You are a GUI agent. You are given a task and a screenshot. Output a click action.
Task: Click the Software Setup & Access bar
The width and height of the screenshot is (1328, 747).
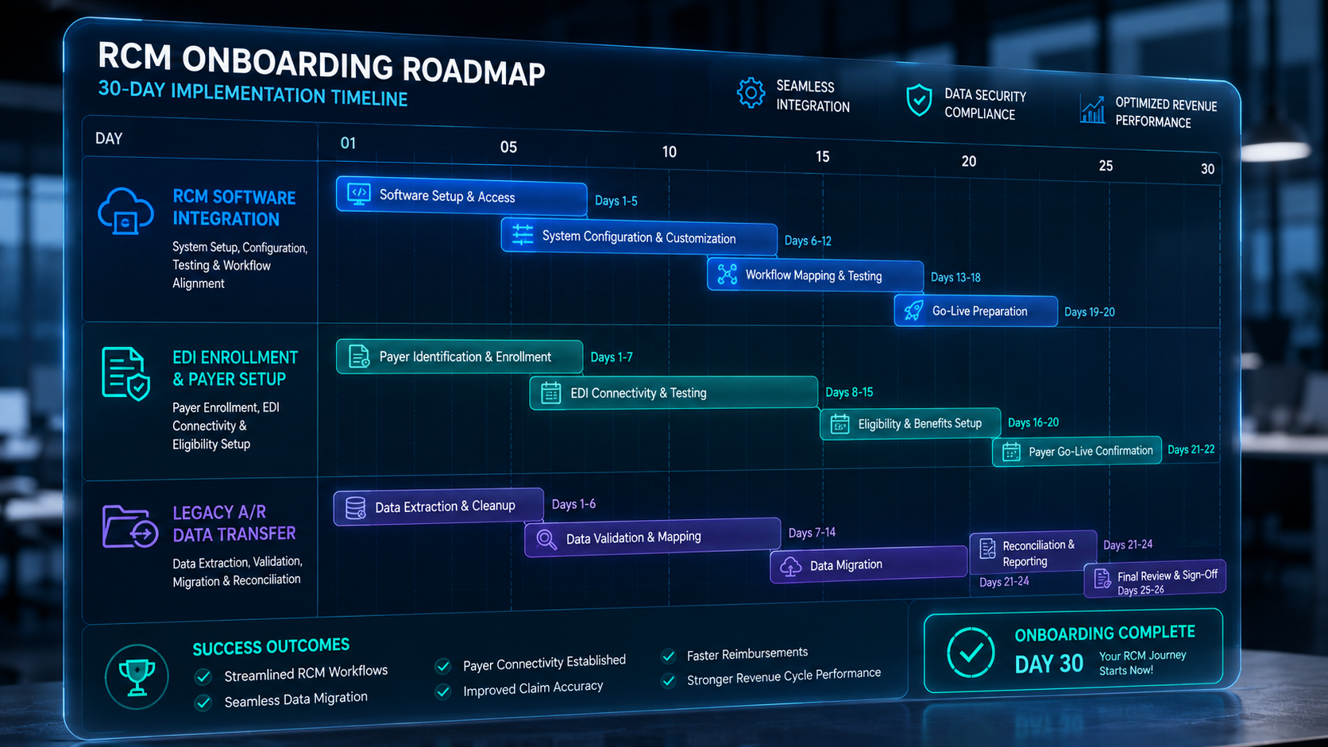coord(461,196)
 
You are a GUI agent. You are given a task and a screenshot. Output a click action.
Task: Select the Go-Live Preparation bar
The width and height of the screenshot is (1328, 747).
coord(976,310)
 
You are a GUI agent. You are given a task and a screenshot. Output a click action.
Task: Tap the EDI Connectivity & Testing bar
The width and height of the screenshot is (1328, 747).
coord(674,392)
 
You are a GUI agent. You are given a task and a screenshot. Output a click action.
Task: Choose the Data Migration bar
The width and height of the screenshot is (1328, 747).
coord(869,564)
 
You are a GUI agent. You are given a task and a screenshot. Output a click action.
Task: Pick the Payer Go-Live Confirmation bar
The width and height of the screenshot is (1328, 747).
coord(1077,451)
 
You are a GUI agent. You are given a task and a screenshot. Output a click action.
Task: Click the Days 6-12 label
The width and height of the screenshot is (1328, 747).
coord(808,241)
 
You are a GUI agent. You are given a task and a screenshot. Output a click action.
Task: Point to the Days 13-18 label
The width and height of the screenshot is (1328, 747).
coord(955,277)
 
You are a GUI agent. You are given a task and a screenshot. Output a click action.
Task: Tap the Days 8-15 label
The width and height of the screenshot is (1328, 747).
coord(849,392)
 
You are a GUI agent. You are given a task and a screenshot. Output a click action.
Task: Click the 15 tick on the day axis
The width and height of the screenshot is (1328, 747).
coord(822,156)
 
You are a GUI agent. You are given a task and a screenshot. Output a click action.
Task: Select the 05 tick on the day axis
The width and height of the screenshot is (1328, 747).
coord(508,147)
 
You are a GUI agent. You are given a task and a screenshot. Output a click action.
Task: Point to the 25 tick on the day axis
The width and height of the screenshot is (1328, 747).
coord(1106,166)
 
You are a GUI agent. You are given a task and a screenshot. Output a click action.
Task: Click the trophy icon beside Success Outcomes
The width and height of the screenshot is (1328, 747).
coord(137,677)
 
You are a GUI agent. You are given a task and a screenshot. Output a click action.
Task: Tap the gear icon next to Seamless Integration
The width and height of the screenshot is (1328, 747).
coord(751,93)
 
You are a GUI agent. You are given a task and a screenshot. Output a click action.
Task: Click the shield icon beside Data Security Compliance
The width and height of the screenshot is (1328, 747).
coord(919,99)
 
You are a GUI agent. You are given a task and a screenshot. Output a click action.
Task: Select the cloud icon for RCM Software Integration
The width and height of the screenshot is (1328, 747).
coord(125,211)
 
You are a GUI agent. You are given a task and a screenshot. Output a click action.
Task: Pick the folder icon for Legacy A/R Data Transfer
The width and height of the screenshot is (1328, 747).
coord(129,526)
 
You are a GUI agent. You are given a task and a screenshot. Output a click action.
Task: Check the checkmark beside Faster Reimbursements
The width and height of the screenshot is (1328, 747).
coord(669,656)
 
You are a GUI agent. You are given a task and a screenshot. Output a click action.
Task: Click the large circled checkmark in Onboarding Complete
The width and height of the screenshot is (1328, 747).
coord(971,653)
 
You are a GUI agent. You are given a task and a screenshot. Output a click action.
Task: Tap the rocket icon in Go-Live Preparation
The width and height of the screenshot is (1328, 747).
coord(913,310)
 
